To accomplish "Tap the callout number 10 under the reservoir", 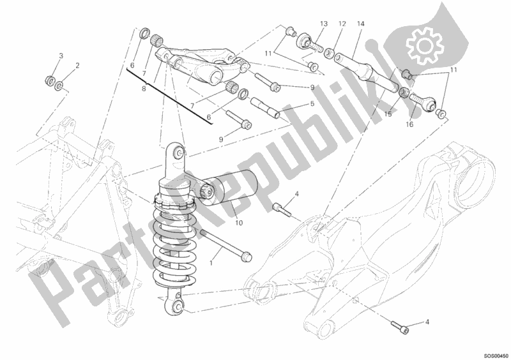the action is click(239, 223).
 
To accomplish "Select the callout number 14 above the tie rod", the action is click(360, 24).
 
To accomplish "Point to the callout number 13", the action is click(324, 24).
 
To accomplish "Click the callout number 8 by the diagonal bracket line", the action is click(144, 89).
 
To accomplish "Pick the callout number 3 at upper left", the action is click(61, 56).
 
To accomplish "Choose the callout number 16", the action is click(409, 124).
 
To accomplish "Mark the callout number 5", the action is click(312, 103).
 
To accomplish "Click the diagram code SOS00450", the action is click(496, 356).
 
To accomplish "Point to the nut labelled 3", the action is click(50, 80).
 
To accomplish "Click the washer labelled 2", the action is click(59, 86).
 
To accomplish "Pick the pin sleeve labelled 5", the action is click(265, 107).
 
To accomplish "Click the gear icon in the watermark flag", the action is click(425, 46).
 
